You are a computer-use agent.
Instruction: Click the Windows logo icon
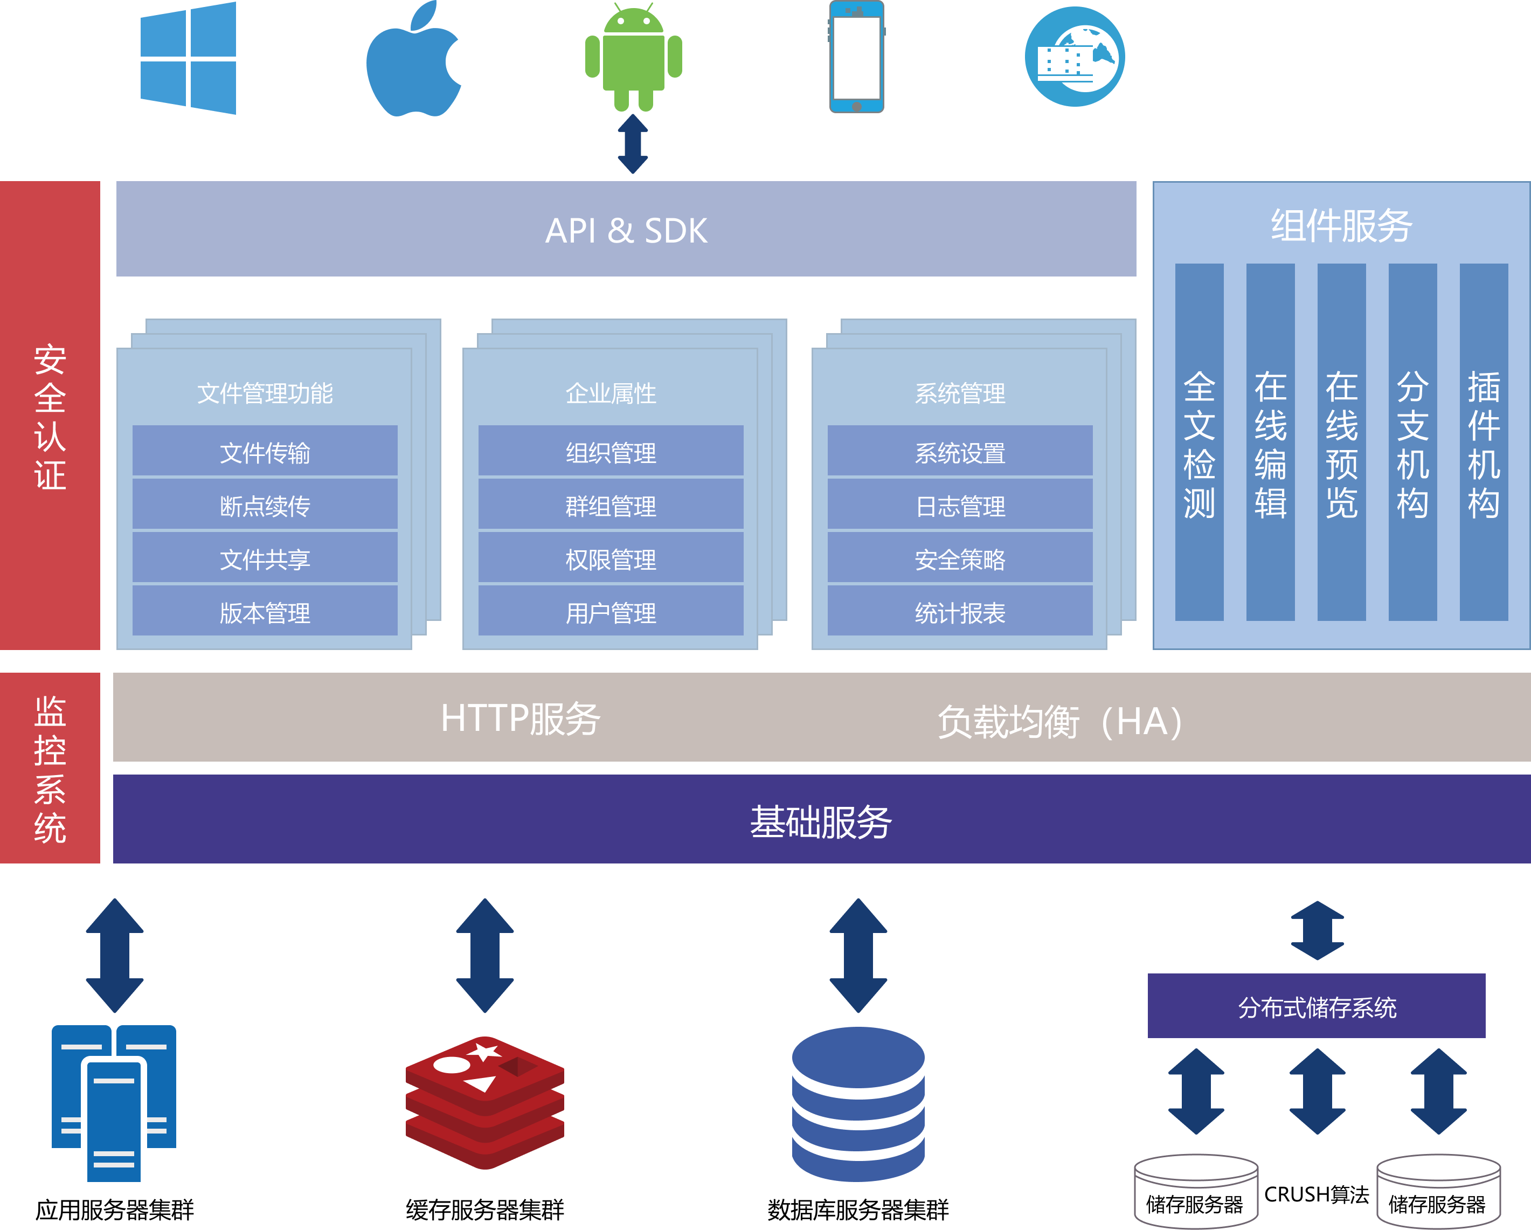188,58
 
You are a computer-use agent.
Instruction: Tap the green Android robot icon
633,58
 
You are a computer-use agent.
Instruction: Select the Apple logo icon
413,60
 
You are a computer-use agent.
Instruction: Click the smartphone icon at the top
856,57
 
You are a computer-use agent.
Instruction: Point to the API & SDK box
626,229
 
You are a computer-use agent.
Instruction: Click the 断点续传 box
265,506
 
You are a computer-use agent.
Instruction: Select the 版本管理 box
265,612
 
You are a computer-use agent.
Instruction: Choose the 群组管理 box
611,506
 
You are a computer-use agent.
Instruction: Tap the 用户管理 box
611,612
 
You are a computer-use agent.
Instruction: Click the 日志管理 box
960,506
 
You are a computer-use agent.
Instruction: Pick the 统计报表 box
960,612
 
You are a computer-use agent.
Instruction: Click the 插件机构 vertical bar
1484,443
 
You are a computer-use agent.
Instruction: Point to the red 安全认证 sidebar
50,416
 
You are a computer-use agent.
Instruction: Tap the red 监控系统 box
50,769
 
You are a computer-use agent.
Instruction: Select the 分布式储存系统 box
1317,1006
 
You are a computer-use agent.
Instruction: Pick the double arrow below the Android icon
633,144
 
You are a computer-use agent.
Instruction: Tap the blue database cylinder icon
858,1104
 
